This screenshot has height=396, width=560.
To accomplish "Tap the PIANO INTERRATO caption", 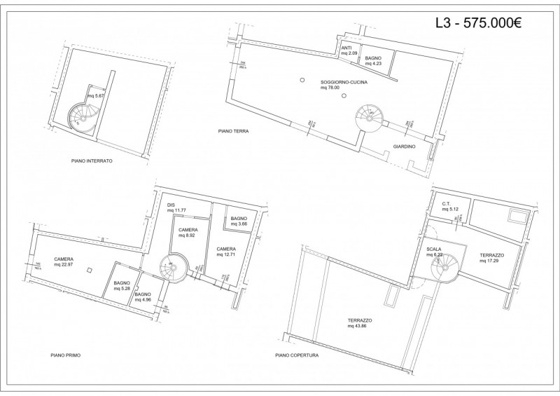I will [92, 161].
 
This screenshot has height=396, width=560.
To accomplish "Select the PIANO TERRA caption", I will [233, 131].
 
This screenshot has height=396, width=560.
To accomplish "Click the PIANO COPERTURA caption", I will [297, 355].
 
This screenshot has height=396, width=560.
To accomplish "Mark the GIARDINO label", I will [404, 146].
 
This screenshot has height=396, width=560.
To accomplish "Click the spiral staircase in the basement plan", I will [81, 115].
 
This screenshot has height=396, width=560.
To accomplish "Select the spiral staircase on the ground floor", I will [368, 117].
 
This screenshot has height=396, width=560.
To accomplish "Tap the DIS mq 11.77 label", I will [175, 208].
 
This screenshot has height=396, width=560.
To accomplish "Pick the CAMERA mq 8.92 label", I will [188, 233].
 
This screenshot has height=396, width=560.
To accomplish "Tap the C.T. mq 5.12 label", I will [449, 206].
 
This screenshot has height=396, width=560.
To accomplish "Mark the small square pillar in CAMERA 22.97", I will [88, 270].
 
